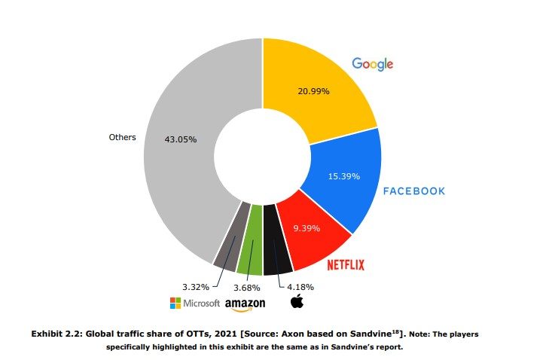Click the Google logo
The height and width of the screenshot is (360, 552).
[x=373, y=64]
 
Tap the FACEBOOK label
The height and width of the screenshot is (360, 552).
[x=414, y=191]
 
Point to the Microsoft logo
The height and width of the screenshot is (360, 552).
[x=195, y=303]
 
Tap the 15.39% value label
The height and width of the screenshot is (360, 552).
[x=344, y=176]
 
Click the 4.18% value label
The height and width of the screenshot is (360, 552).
[x=300, y=287]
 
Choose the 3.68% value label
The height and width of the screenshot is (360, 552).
[x=246, y=288]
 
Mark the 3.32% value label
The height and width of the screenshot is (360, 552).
[x=196, y=287]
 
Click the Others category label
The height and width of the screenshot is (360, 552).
[x=122, y=138]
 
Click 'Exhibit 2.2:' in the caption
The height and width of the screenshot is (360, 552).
[x=57, y=332]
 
